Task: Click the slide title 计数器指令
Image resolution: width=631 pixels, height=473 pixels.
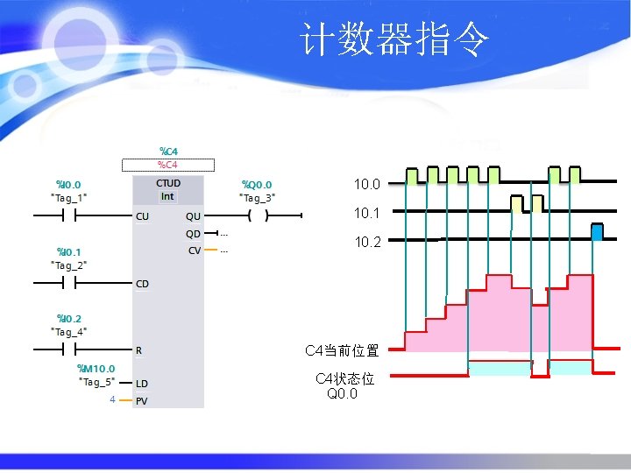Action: (x=394, y=40)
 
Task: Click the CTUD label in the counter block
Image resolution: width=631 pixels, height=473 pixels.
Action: (x=168, y=183)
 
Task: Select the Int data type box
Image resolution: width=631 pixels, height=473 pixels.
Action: (x=167, y=196)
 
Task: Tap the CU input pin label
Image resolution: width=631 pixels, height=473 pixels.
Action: (x=142, y=215)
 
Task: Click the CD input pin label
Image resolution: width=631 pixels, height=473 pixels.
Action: (x=142, y=284)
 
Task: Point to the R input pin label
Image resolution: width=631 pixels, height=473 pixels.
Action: (x=139, y=350)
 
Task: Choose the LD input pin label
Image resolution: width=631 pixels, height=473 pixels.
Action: (x=142, y=384)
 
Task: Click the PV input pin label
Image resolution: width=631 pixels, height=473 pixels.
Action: (x=142, y=400)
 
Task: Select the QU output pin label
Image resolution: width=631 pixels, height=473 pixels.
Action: (x=193, y=215)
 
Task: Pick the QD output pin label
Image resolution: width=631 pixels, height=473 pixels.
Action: (x=193, y=234)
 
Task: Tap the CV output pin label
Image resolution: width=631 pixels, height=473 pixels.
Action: (x=194, y=251)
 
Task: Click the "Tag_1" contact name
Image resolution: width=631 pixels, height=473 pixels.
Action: (x=69, y=198)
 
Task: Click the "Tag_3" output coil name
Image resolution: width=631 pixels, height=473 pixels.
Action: (x=258, y=198)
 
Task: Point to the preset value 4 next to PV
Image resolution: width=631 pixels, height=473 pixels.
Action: (x=112, y=400)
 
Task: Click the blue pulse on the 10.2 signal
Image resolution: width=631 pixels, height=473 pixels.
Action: (x=598, y=232)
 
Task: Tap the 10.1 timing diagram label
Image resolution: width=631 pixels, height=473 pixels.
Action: (x=367, y=213)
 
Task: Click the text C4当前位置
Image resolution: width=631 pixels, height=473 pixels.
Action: (x=342, y=350)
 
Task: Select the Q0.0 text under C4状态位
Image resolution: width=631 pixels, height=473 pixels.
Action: (x=342, y=393)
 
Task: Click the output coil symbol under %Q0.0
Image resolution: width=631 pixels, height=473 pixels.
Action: (x=257, y=215)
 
